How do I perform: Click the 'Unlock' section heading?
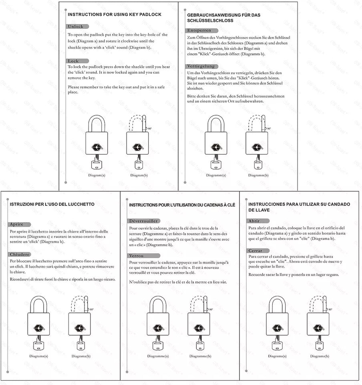[x=76, y=26]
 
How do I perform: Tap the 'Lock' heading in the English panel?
[x=73, y=61]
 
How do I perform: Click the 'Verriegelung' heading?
[x=201, y=66]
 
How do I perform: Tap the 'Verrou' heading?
[x=136, y=255]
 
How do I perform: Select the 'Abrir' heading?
[x=254, y=221]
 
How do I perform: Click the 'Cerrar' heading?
[x=255, y=250]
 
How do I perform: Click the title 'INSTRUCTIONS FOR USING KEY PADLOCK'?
[x=115, y=14]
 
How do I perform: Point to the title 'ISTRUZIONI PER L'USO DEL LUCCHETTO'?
[x=52, y=204]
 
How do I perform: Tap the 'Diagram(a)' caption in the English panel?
[x=97, y=175]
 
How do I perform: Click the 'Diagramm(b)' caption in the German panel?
[x=258, y=175]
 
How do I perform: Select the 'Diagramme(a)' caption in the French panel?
[x=158, y=356]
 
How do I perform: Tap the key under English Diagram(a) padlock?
[x=97, y=164]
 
